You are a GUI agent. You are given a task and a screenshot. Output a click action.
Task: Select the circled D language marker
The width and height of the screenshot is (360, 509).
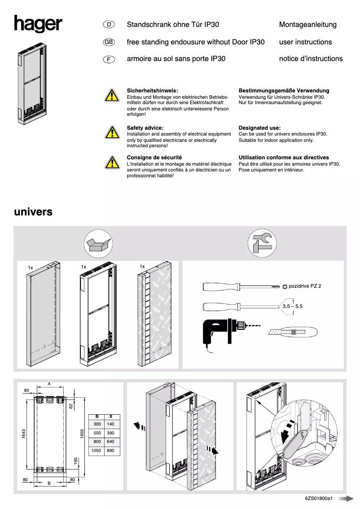109,25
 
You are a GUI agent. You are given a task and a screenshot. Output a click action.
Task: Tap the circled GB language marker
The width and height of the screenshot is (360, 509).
109,42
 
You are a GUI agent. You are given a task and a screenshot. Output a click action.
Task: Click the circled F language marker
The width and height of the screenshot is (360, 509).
109,59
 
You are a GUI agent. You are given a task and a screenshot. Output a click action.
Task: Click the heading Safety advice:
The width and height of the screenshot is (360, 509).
145,128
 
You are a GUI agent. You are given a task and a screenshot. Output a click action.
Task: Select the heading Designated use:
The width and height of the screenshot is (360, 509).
259,128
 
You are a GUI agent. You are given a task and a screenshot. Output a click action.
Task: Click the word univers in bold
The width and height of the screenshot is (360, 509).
33,211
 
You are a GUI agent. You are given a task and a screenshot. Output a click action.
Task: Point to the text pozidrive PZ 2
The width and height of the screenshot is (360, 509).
305,286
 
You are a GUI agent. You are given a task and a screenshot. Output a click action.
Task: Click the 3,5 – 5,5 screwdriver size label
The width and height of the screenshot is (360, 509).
292,306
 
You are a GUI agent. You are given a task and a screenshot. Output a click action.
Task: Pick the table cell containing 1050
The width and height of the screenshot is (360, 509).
96,450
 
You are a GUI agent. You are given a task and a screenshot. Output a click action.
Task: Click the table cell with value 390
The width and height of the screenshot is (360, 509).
111,433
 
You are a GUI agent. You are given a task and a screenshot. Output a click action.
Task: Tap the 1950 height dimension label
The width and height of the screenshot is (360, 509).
82,433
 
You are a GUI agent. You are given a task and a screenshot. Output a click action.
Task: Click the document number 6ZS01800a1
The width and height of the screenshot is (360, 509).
318,499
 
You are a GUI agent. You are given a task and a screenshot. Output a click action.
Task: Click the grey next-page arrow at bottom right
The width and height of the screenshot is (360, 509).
346,499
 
